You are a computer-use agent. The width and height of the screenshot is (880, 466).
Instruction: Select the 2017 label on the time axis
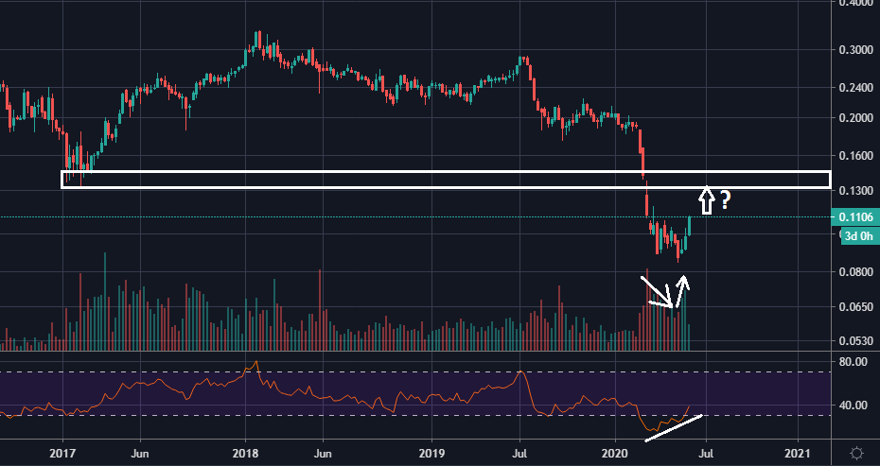[62, 453]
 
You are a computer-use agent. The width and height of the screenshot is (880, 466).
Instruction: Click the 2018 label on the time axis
[246, 453]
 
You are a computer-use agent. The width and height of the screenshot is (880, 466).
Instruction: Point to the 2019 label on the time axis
[431, 453]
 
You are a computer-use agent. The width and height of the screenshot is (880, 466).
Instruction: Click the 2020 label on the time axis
[615, 453]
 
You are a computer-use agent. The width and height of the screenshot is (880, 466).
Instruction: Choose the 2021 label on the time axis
[799, 453]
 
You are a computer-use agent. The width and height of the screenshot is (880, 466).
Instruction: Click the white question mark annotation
[725, 200]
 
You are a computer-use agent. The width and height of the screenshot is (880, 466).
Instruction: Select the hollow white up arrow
[706, 199]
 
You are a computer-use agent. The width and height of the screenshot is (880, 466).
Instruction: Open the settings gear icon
[855, 453]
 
